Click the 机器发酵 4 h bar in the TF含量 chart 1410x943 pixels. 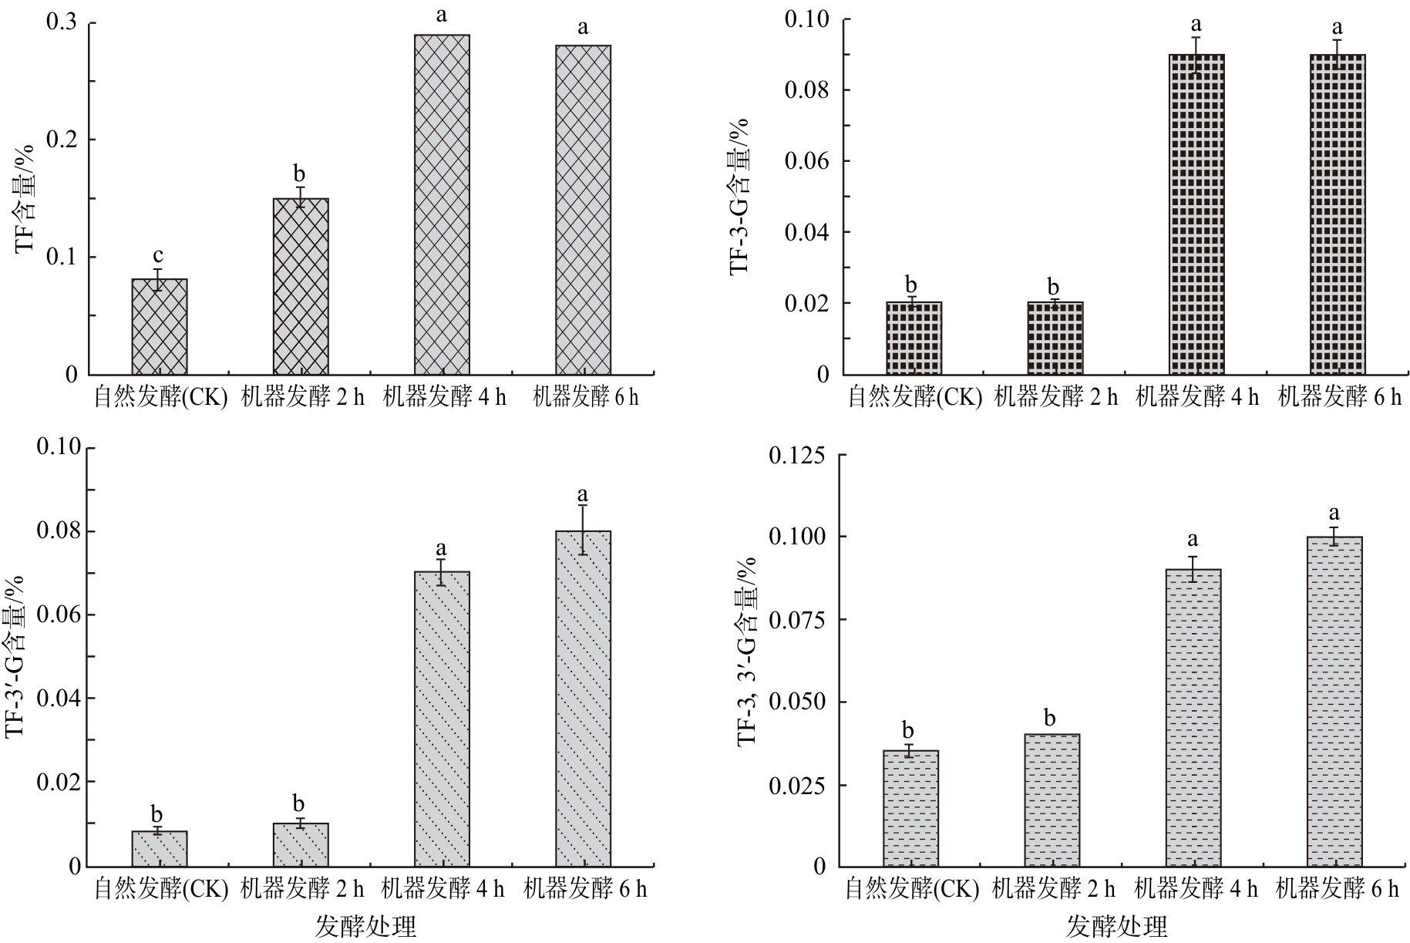[442, 204]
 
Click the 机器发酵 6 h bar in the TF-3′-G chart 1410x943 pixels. [583, 698]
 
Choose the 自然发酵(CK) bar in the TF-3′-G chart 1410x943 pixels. [160, 848]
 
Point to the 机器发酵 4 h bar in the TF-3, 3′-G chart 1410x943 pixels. [1193, 717]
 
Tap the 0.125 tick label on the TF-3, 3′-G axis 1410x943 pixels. [797, 455]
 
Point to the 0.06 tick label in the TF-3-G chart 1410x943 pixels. [806, 160]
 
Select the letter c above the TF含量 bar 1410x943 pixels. [158, 255]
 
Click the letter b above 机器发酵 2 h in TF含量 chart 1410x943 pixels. [299, 173]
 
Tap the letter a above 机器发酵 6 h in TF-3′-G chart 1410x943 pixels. [583, 493]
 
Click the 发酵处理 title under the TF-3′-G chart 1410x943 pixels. [365, 926]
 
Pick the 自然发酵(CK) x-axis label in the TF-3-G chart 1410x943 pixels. [915, 397]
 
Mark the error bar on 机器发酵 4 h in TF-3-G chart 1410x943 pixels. [1196, 55]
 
